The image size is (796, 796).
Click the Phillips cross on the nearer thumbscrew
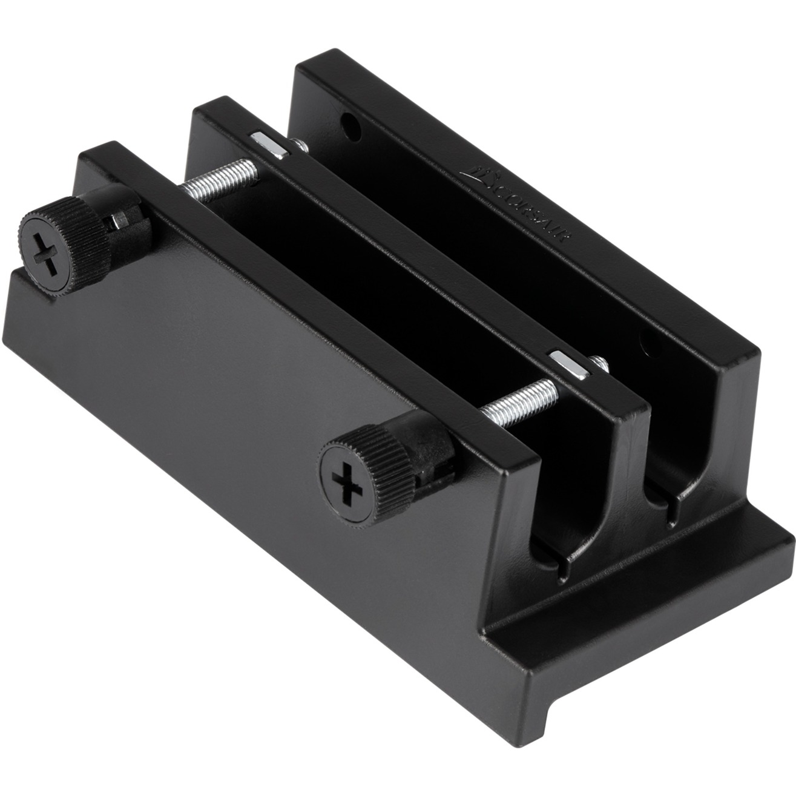coord(346,482)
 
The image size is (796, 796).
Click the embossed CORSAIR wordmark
coord(533,206)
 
